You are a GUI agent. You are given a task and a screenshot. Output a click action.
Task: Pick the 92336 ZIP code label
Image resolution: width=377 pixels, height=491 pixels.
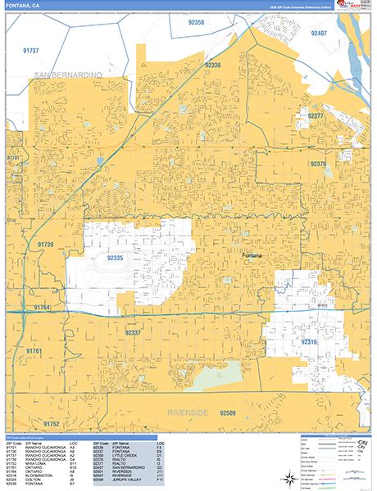(212, 64)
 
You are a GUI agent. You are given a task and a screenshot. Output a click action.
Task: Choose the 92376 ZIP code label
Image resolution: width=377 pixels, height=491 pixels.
(319, 164)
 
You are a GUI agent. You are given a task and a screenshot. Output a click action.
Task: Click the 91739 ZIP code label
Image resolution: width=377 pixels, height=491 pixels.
(45, 245)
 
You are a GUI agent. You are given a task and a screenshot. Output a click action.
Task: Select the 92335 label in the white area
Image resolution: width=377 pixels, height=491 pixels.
(116, 257)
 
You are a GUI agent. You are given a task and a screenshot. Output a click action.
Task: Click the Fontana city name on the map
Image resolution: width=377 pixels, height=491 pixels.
(254, 255)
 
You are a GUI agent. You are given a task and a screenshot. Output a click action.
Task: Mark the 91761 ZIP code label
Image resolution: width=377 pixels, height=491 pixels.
(34, 350)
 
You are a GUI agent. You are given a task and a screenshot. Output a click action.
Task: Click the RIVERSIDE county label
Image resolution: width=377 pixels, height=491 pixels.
(189, 411)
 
